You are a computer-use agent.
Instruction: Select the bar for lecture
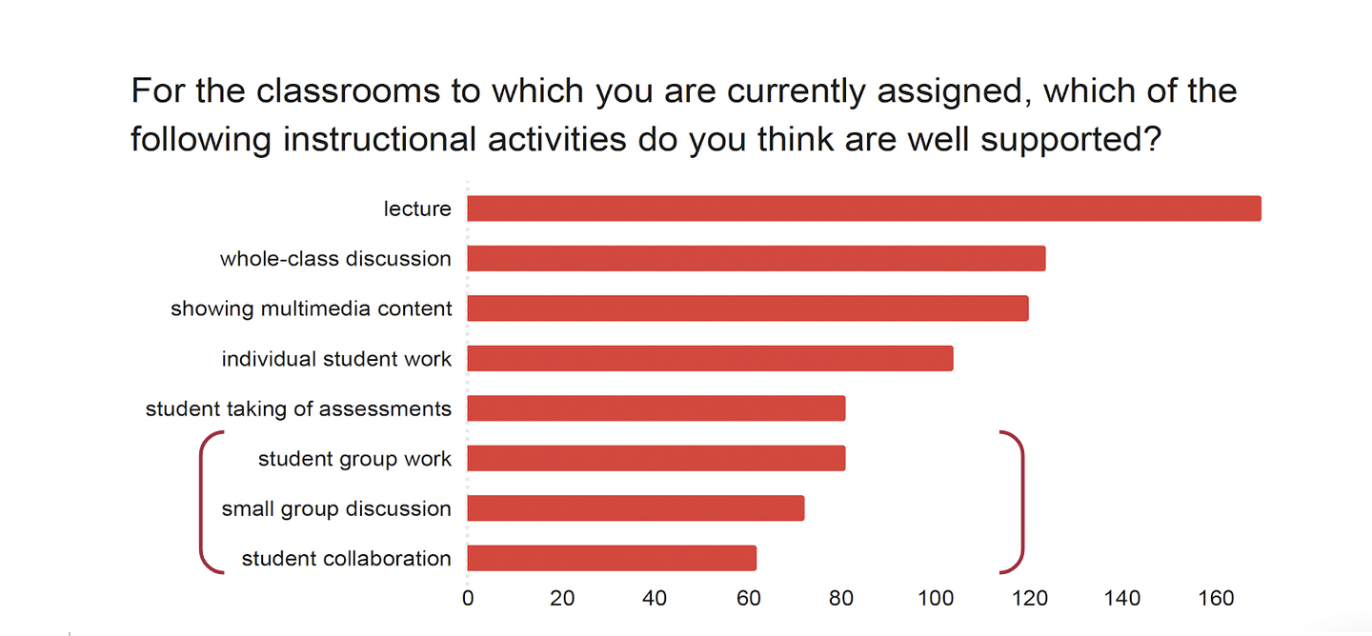pyautogui.click(x=863, y=209)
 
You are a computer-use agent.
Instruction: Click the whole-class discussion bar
pyautogui.click(x=756, y=258)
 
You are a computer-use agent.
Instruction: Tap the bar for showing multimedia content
pyautogui.click(x=747, y=308)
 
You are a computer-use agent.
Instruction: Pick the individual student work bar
pyautogui.click(x=710, y=358)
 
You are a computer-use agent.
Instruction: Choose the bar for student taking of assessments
pyautogui.click(x=656, y=408)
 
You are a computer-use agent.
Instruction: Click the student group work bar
pyautogui.click(x=656, y=458)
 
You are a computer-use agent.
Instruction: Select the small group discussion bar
pyautogui.click(x=636, y=508)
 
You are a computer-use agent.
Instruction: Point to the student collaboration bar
pyautogui.click(x=612, y=558)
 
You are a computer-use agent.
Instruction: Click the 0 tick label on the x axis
pyautogui.click(x=468, y=598)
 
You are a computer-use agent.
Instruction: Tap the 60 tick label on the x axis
pyautogui.click(x=749, y=598)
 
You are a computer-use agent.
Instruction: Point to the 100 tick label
pyautogui.click(x=936, y=598)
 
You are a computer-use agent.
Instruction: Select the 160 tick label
pyautogui.click(x=1216, y=598)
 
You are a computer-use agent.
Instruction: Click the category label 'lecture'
pyautogui.click(x=417, y=209)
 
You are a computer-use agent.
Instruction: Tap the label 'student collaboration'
pyautogui.click(x=347, y=558)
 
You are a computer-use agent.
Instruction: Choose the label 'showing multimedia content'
pyautogui.click(x=312, y=308)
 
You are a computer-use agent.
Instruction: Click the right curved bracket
pyautogui.click(x=1021, y=502)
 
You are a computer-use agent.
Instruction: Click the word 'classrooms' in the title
pyautogui.click(x=348, y=91)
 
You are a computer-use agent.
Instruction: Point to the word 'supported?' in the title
pyautogui.click(x=1071, y=140)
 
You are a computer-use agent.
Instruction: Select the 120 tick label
pyautogui.click(x=1029, y=598)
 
